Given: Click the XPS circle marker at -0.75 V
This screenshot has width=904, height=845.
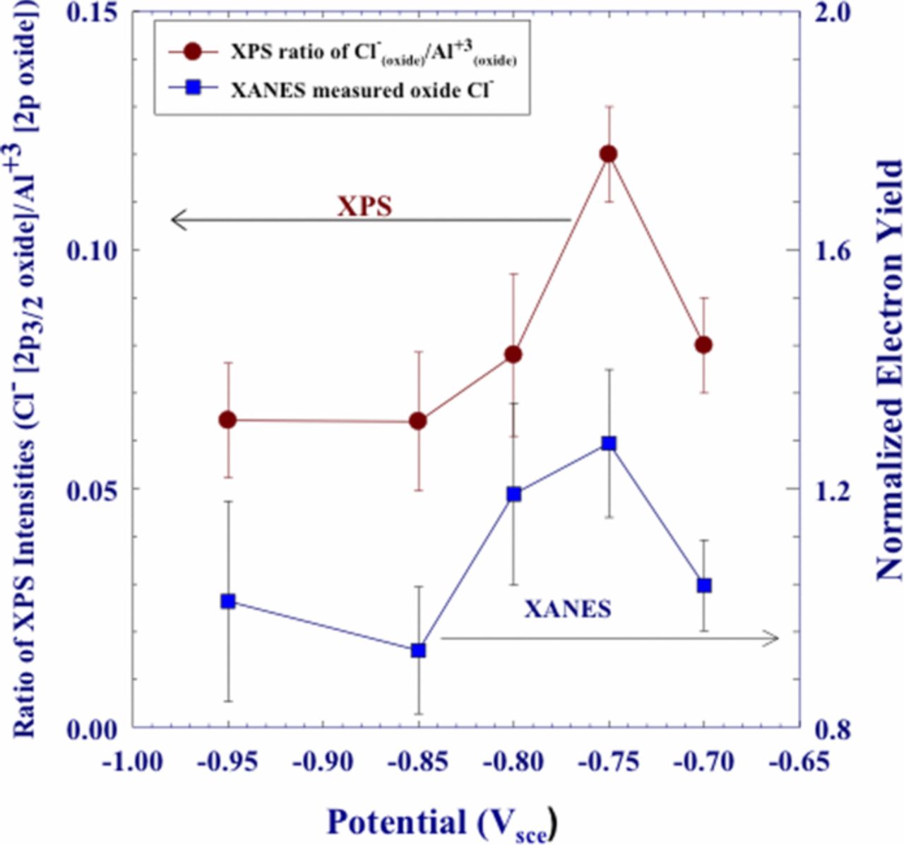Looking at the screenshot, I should (608, 154).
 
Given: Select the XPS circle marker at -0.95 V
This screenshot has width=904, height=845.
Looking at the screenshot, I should (227, 420).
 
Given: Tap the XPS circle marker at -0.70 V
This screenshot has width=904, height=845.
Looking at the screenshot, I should (703, 345).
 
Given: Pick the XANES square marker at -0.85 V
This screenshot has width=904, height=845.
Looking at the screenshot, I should (418, 650).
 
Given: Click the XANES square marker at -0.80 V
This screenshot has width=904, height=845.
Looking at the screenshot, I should (513, 494).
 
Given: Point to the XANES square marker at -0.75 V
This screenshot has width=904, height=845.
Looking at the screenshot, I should (608, 444).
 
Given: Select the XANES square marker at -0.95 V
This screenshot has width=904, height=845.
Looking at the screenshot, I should (227, 601).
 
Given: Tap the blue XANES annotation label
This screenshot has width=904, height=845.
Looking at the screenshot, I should (567, 608).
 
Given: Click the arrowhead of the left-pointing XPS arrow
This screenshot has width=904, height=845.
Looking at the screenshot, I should (177, 220).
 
